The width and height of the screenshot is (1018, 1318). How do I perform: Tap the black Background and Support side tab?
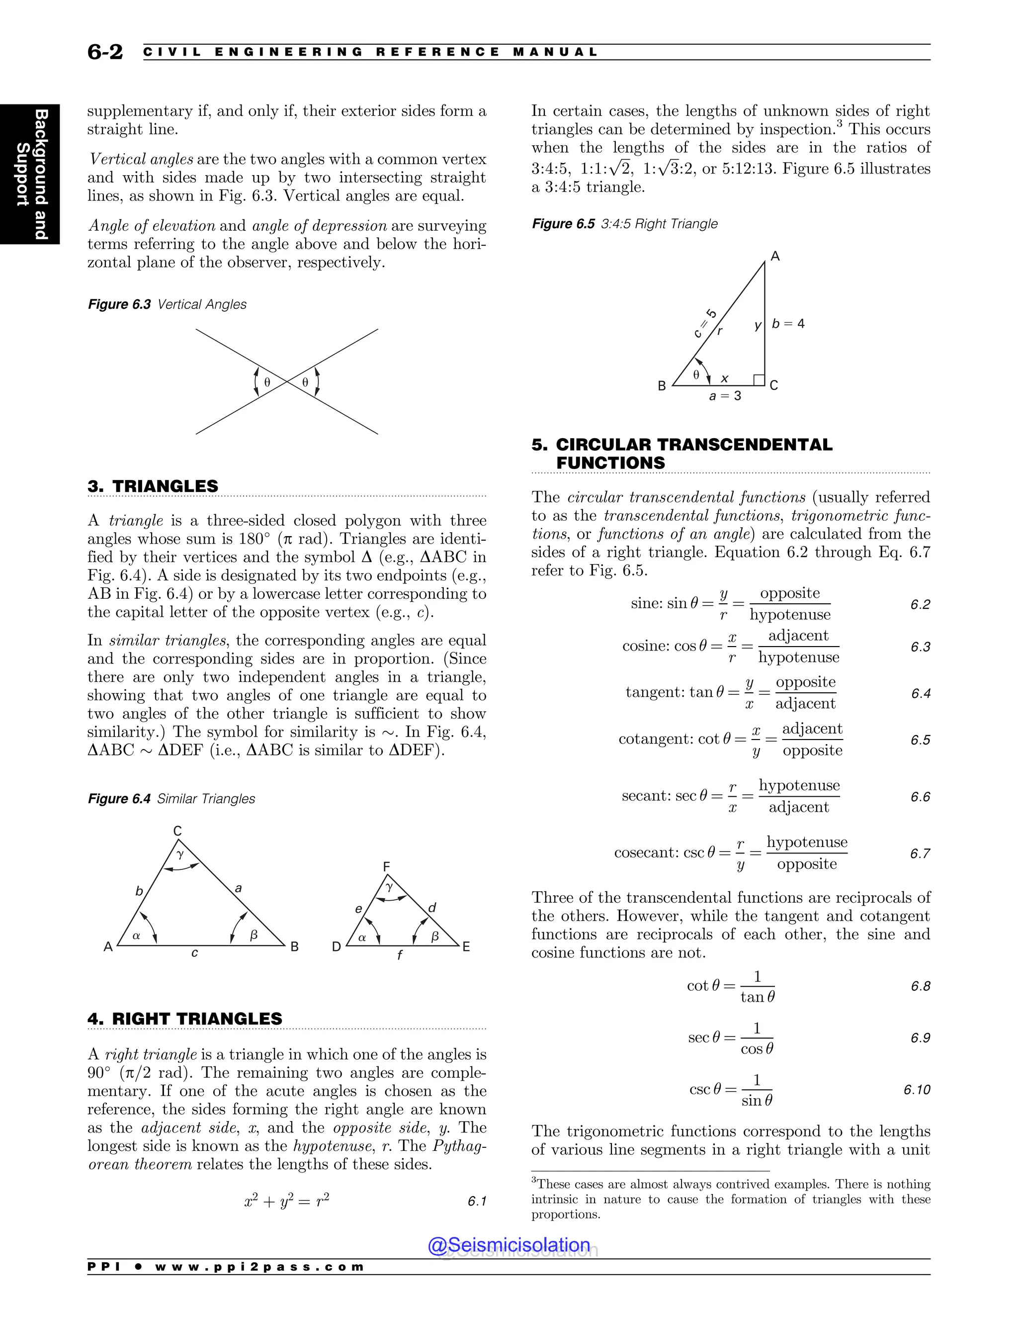[30, 174]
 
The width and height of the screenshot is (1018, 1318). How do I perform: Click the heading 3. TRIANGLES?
[153, 486]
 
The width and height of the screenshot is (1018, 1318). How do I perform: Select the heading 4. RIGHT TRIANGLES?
[184, 1019]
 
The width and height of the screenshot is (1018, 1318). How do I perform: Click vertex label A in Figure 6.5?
[775, 257]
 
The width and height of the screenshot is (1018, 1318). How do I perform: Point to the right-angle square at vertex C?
[760, 379]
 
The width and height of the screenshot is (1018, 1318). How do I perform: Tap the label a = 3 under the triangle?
[726, 396]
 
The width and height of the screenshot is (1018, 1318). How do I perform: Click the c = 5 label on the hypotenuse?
[705, 323]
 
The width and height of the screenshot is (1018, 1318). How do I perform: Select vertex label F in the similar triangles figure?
[387, 867]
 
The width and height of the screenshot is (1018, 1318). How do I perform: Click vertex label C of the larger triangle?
[177, 831]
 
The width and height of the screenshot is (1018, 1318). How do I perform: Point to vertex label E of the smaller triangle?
[466, 947]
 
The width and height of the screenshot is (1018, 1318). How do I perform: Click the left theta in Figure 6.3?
[267, 382]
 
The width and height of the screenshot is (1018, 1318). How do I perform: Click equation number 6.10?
[917, 1090]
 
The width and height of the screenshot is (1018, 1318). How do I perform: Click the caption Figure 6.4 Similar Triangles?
[171, 799]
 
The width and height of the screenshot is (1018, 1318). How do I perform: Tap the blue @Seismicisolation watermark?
[509, 1245]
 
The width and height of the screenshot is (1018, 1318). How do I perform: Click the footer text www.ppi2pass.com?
[259, 1267]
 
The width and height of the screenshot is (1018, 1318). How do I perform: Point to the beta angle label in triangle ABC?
[254, 935]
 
